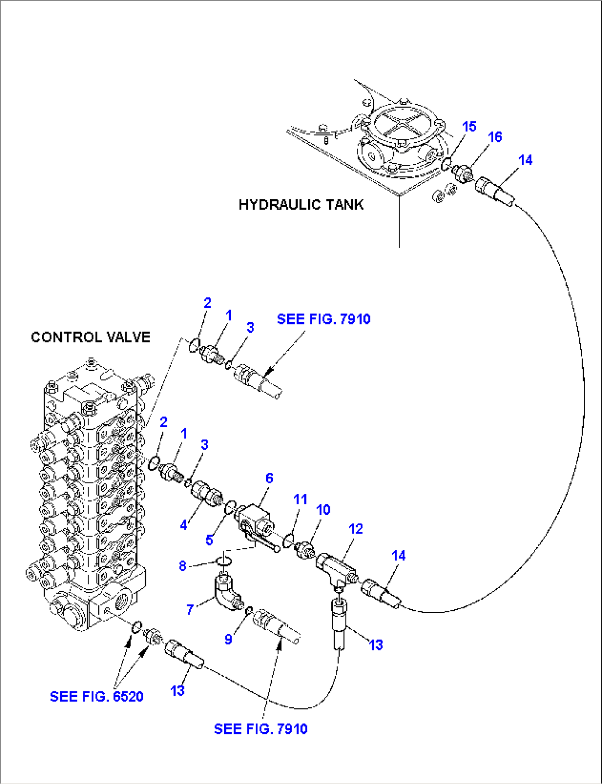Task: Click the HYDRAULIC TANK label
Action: [x=301, y=205]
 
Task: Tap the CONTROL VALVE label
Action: [x=91, y=337]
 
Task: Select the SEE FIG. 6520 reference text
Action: [x=97, y=696]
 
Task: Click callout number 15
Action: [x=469, y=126]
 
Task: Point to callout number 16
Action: [x=495, y=137]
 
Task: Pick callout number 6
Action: [x=269, y=478]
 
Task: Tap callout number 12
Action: [x=356, y=529]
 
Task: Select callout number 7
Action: [x=190, y=609]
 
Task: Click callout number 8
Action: [x=182, y=566]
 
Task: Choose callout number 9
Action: [x=228, y=639]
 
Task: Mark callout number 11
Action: [x=300, y=499]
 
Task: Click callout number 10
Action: [x=323, y=510]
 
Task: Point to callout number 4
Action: [x=183, y=525]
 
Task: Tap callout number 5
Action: [x=209, y=540]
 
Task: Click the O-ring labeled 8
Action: [x=223, y=561]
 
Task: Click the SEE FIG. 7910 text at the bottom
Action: [x=261, y=729]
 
